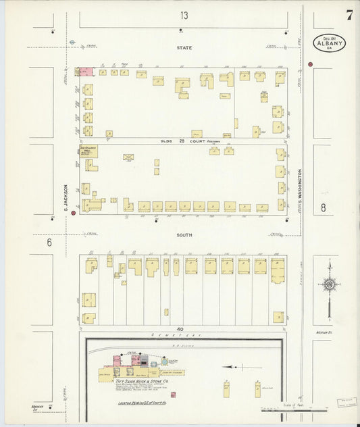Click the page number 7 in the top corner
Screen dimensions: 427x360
(349, 16)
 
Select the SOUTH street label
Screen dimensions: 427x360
(184, 234)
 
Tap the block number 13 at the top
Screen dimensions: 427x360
(184, 15)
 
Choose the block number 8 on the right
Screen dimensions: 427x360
(323, 208)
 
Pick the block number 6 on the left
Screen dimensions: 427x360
(49, 242)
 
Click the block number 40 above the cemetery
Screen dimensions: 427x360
(180, 329)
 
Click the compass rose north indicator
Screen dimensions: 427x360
(329, 284)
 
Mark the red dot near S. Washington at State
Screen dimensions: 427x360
(310, 65)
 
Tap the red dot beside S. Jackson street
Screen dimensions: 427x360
(53, 218)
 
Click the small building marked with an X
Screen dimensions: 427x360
(128, 157)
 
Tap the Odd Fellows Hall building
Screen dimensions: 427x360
(88, 150)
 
